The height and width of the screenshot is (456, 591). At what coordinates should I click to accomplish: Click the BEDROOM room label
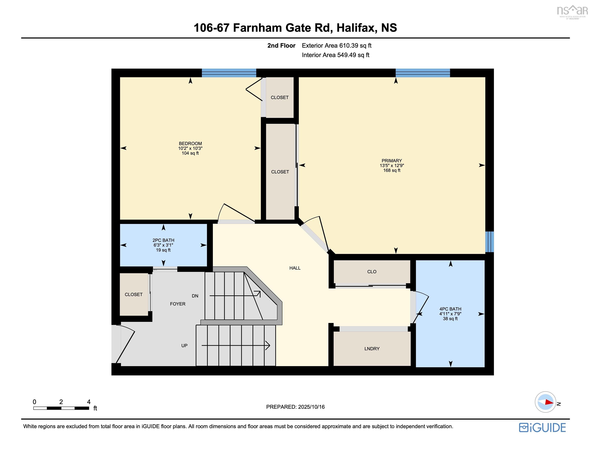[x=190, y=143]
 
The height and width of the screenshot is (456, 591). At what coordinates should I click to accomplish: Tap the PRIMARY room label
[x=392, y=161]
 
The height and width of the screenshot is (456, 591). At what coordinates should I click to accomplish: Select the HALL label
[x=295, y=268]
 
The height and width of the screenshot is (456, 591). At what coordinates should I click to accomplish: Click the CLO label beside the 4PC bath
[x=372, y=272]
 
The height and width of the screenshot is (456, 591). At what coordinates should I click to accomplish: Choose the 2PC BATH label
[x=163, y=240]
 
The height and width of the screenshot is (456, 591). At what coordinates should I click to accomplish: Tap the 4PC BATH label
[x=450, y=309]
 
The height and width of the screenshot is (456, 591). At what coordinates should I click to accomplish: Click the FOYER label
[x=178, y=304]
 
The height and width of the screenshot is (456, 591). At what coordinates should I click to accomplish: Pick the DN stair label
[x=195, y=296]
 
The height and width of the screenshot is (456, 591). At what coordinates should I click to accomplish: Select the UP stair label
[x=184, y=345]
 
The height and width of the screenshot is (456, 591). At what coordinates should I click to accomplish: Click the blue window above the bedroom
[x=229, y=73]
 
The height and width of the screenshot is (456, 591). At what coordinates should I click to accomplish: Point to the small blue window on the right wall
[x=489, y=242]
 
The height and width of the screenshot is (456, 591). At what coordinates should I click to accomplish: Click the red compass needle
[x=549, y=402]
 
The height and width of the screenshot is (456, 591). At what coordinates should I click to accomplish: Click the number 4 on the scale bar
[x=88, y=402]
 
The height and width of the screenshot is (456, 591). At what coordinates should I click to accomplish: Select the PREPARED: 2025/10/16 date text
[x=295, y=407]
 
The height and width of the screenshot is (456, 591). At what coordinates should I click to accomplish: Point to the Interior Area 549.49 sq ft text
[x=335, y=55]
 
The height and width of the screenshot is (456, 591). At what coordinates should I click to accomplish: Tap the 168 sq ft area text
[x=392, y=170]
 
